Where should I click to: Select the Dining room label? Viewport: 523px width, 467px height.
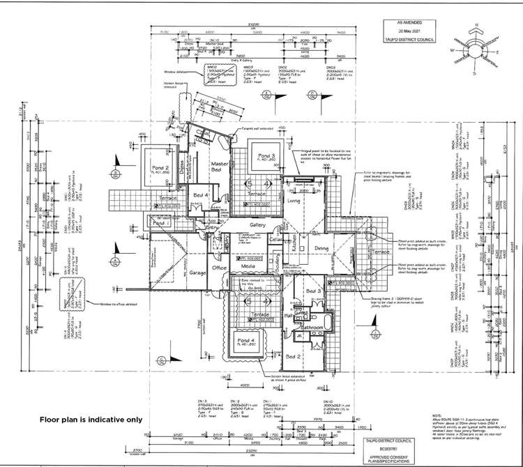pos(321,248)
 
